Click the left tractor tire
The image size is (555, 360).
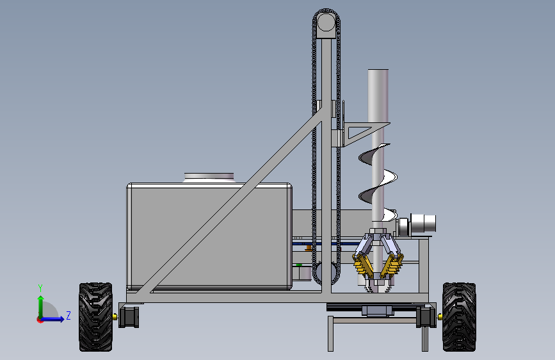[95, 317]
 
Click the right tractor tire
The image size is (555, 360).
[459, 317]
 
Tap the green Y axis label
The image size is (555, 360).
[40, 288]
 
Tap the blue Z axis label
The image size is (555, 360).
[68, 315]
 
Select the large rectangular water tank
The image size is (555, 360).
[209, 236]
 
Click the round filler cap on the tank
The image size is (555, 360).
[209, 177]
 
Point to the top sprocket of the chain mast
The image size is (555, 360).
[326, 22]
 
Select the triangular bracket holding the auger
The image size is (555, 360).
[365, 133]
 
